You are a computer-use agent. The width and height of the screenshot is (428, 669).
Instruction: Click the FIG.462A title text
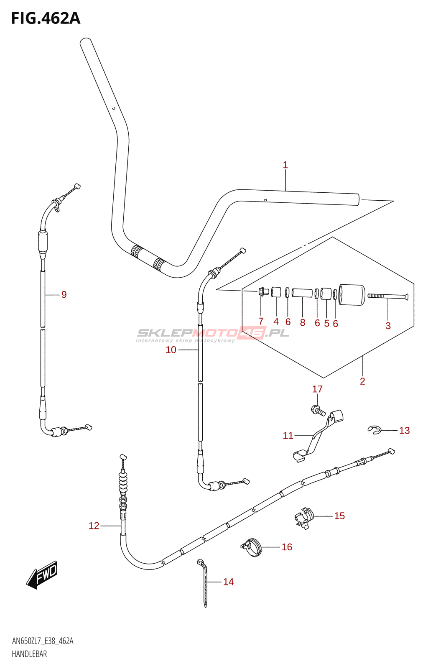click(46, 18)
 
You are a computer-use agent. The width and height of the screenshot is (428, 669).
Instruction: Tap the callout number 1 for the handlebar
click(285, 165)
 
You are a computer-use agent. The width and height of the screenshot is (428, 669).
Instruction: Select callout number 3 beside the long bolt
click(388, 326)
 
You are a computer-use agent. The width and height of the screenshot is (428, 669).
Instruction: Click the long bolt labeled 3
click(388, 296)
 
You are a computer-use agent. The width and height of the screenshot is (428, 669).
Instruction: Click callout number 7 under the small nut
click(261, 321)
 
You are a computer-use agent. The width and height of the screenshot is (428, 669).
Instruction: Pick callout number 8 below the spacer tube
click(302, 322)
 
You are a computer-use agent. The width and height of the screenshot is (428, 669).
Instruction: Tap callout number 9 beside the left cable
click(64, 294)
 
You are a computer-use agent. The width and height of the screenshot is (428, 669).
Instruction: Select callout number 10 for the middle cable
click(171, 350)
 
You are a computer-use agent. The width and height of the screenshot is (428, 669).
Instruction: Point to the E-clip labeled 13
click(374, 430)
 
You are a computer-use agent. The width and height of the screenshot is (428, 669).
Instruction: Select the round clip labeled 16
click(251, 548)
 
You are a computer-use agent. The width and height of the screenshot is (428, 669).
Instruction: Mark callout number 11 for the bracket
click(288, 436)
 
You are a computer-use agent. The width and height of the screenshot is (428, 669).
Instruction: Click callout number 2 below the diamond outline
click(362, 381)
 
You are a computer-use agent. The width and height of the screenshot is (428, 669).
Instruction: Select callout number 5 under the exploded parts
click(326, 323)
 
